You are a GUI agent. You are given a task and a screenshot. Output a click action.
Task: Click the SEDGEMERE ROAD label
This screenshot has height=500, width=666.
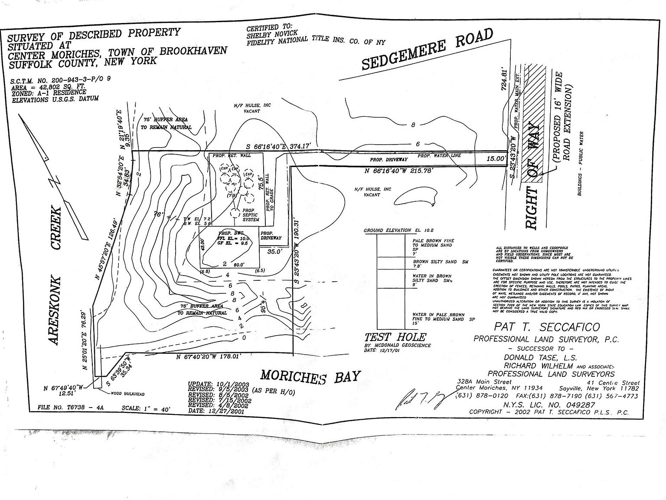click(428, 49)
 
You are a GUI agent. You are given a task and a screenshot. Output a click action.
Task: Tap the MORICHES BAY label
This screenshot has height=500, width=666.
click(310, 376)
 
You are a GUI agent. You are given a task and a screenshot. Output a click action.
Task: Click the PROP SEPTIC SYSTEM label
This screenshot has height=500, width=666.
click(251, 215)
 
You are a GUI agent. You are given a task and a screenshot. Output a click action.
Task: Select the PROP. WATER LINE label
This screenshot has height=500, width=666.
click(439, 155)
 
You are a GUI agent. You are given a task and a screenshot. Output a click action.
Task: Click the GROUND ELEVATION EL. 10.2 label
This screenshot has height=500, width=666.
click(398, 230)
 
